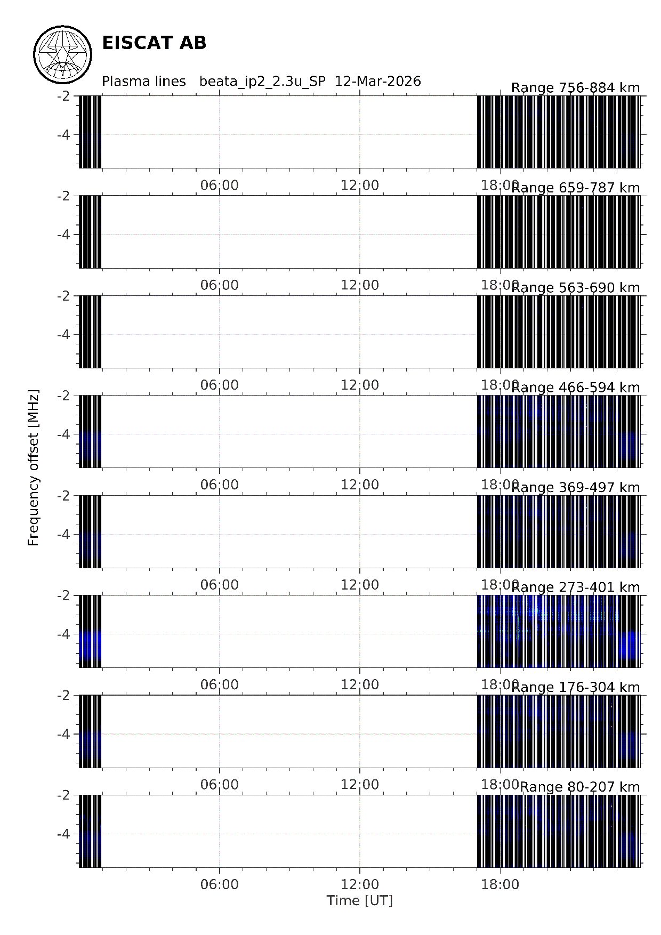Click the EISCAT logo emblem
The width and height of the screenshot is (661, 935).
[63, 55]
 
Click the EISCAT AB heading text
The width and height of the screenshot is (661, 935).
[154, 43]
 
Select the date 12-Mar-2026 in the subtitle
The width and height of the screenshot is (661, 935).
[377, 81]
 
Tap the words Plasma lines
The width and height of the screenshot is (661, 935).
[143, 81]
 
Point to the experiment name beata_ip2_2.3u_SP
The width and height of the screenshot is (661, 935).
[262, 81]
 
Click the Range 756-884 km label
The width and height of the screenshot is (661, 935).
[575, 88]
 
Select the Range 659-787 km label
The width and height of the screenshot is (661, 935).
[575, 188]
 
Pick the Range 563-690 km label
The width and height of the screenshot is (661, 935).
[575, 288]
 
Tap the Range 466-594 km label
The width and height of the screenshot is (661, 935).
[575, 388]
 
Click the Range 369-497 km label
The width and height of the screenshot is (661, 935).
[575, 487]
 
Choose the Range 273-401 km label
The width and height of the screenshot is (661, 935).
[575, 587]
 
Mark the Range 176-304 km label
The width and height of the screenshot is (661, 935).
[575, 687]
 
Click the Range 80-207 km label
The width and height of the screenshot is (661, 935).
[579, 787]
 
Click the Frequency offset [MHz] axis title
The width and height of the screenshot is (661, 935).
[34, 467]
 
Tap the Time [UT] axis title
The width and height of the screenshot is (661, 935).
[359, 900]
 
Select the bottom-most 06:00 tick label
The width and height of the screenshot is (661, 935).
[219, 884]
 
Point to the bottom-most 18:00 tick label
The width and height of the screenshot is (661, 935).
[499, 884]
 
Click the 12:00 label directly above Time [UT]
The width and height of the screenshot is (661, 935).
[359, 884]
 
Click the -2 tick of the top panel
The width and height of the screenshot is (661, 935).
[63, 96]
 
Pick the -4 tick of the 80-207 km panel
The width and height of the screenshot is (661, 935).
[63, 834]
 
